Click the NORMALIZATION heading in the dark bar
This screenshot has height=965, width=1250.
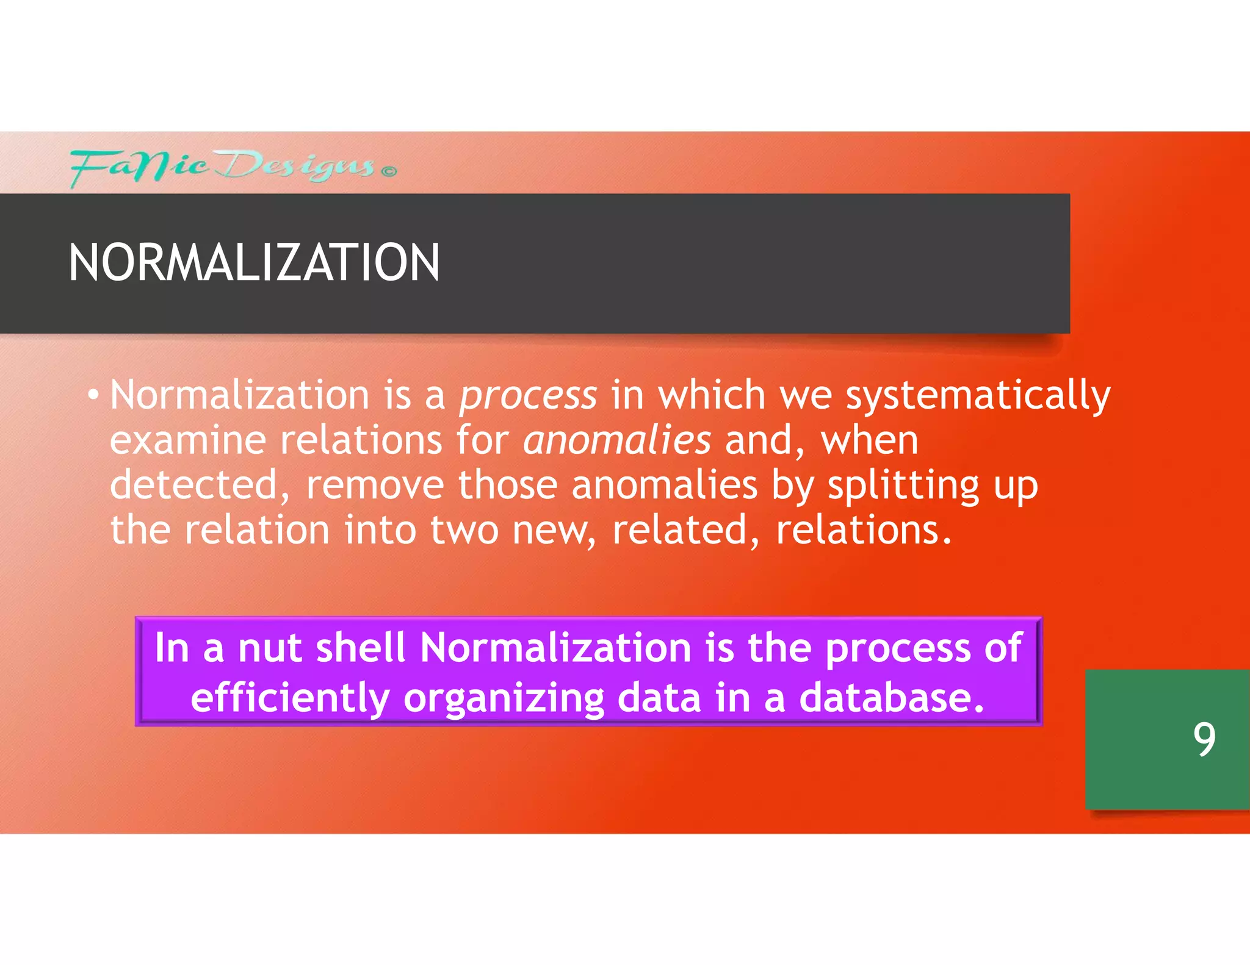pos(254,262)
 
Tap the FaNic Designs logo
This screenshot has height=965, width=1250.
pos(223,166)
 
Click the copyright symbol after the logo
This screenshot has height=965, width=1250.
pos(389,171)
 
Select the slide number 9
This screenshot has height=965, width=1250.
pos(1204,739)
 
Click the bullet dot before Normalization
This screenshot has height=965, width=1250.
pos(92,395)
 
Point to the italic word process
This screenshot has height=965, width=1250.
pos(528,395)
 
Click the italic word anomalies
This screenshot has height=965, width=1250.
pos(617,440)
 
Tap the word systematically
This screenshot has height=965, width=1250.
pos(977,395)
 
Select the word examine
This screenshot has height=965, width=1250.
pos(188,440)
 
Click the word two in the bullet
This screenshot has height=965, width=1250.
pos(464,529)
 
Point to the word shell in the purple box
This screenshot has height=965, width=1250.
pos(361,647)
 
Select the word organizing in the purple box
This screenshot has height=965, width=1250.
pos(504,698)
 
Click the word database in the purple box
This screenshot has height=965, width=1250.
pos(891,698)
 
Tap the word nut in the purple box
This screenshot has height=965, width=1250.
pos(270,647)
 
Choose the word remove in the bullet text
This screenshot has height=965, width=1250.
pos(375,485)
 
